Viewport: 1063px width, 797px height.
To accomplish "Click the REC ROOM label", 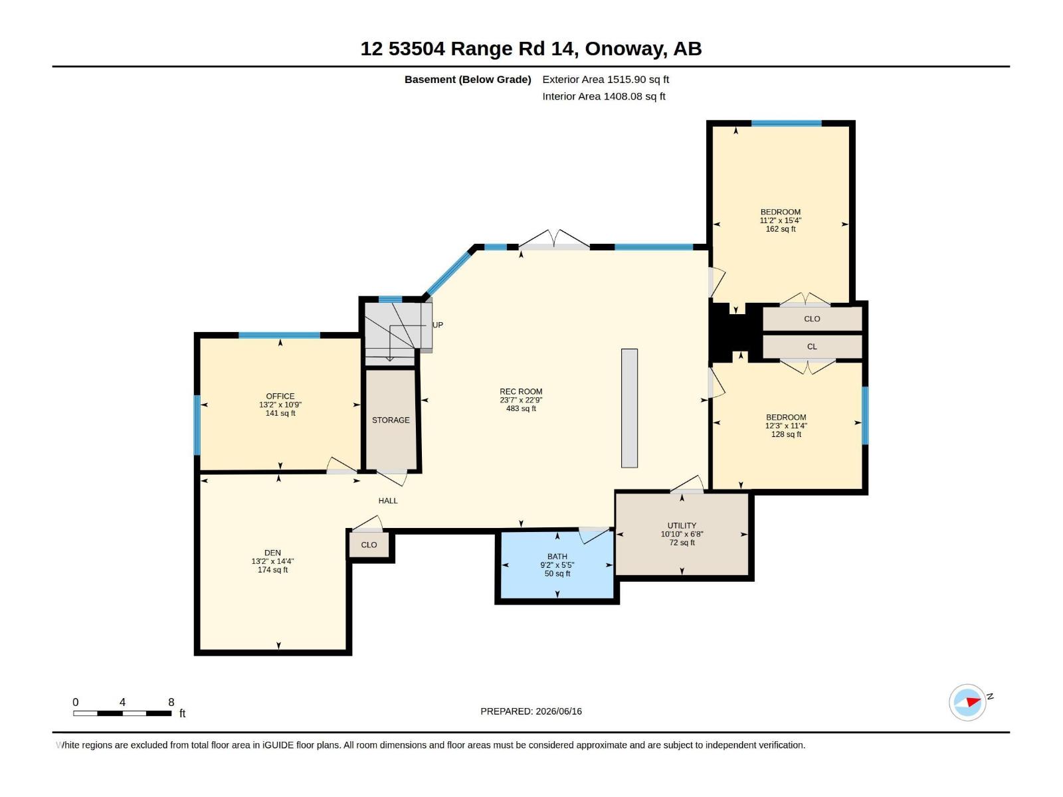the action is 521,391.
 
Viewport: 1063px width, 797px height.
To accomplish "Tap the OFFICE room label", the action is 280,397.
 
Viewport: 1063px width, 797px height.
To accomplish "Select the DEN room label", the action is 272,553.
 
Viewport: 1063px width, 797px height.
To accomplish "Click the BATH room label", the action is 557,557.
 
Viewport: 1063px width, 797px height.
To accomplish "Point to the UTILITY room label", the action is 682,525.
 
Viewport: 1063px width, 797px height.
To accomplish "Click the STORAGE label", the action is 391,420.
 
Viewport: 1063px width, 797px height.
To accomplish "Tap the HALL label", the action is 387,501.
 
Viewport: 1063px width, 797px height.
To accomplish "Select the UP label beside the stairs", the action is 437,325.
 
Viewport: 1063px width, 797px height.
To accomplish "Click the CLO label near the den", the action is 369,545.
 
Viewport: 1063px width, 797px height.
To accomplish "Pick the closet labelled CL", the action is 812,347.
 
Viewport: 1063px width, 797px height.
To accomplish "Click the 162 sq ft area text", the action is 780,229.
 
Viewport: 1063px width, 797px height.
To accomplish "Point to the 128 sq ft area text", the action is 785,434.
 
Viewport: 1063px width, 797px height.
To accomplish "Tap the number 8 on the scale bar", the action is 171,702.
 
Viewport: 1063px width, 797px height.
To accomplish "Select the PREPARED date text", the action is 531,711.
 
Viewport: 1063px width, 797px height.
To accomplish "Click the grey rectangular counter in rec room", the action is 629,408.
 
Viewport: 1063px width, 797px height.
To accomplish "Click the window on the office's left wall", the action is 197,425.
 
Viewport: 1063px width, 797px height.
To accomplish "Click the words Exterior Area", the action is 573,79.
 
